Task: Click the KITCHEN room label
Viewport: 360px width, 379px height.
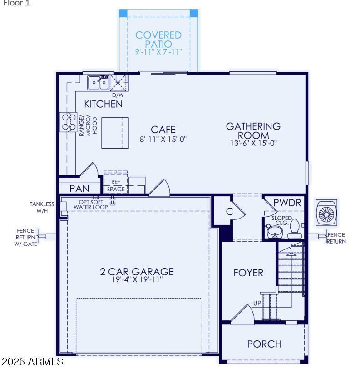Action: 103,104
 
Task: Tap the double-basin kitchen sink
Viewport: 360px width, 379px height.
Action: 98,83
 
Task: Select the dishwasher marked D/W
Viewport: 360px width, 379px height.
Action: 118,83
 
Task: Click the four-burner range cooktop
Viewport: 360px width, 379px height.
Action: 69,122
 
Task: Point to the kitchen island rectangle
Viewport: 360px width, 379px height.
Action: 115,133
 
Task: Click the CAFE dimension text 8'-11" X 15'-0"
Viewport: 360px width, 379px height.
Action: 163,139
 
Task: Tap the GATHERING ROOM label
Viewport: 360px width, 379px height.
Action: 253,130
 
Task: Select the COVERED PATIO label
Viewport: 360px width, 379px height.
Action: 158,40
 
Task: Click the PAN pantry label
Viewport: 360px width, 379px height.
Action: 79,189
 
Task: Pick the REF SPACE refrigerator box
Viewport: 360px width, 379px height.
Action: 116,182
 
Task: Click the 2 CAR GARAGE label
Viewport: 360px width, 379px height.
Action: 137,272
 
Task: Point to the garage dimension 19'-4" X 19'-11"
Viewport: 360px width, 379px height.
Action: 138,279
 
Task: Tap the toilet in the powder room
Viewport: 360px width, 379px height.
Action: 295,230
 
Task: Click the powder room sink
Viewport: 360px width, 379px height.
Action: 275,232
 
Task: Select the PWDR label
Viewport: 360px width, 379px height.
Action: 287,203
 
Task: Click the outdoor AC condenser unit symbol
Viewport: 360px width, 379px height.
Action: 326,213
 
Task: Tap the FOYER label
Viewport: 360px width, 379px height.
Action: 248,273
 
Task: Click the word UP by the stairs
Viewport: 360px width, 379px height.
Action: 257,303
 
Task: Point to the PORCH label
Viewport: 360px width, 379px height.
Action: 264,344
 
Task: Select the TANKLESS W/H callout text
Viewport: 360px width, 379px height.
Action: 42,208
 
